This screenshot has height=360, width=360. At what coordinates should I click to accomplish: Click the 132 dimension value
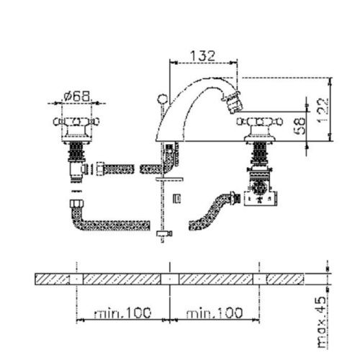pyautogui.click(x=203, y=56)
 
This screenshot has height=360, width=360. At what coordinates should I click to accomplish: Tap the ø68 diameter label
pyautogui.click(x=77, y=96)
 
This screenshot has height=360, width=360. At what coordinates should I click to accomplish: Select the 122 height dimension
pyautogui.click(x=323, y=110)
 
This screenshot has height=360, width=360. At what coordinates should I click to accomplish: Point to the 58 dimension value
pyautogui.click(x=300, y=126)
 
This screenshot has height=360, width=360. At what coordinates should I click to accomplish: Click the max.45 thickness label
pyautogui.click(x=323, y=323)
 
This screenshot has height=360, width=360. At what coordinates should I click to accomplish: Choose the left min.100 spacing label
pyautogui.click(x=123, y=312)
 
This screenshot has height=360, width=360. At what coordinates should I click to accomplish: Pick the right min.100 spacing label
pyautogui.click(x=215, y=312)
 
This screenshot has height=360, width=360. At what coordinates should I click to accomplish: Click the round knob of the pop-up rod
pyautogui.click(x=163, y=99)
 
